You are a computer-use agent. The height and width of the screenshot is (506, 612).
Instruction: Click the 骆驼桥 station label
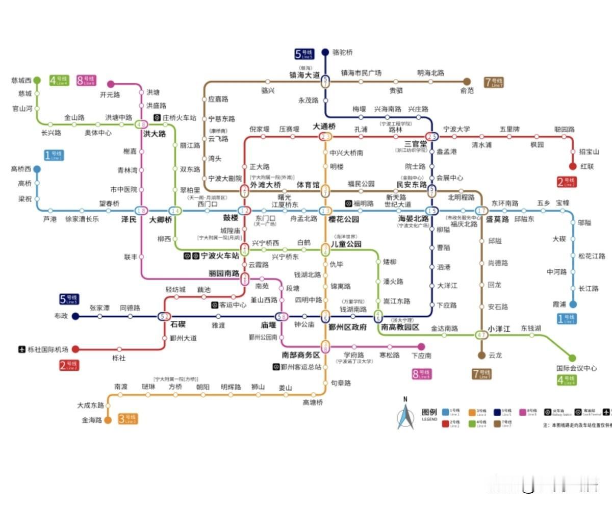coord(342,52)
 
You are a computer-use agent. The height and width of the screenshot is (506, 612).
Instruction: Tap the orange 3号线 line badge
coord(128,419)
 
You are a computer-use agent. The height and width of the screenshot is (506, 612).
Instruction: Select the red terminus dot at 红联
coord(573,166)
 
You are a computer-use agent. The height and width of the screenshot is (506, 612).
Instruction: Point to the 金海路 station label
coord(92,420)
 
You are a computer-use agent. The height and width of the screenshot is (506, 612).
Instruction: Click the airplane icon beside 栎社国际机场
coord(21,349)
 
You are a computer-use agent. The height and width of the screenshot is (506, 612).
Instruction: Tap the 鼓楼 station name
coord(231,219)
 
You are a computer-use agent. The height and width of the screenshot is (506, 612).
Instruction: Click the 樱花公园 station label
coord(344,219)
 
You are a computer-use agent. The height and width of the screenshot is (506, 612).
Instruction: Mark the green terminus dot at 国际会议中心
coord(572,358)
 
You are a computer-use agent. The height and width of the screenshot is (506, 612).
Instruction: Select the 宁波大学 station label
coord(456,129)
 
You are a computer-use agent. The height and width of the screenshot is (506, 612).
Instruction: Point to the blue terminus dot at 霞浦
coord(573,305)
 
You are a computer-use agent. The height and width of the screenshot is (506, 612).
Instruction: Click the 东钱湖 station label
coord(530,328)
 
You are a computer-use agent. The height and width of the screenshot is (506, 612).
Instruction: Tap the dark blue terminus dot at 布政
coord(75,316)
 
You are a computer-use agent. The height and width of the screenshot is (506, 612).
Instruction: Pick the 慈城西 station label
coord(21,81)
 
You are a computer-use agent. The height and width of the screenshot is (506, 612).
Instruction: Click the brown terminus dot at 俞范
coord(467,81)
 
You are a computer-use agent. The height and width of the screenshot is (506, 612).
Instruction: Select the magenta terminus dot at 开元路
coord(111,84)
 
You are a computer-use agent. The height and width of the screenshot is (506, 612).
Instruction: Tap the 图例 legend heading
coord(429,412)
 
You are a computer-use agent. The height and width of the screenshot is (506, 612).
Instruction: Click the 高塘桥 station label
coord(313,402)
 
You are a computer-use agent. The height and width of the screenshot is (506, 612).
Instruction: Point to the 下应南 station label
coord(421,356)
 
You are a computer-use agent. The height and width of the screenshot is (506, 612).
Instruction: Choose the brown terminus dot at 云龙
coord(481,355)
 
